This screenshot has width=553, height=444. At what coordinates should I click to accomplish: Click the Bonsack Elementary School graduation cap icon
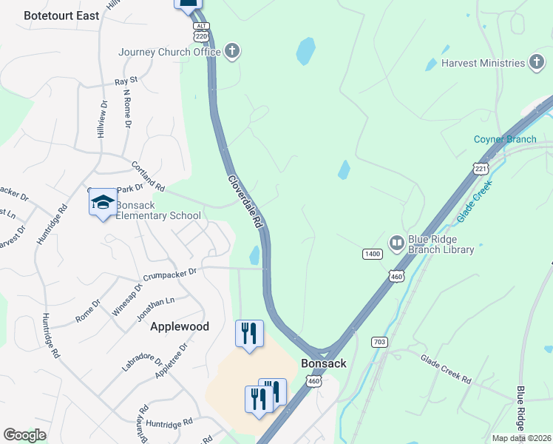(x=103, y=203)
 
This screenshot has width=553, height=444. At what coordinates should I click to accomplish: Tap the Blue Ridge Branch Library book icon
(x=397, y=243)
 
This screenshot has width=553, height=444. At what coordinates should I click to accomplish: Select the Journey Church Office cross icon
(x=232, y=52)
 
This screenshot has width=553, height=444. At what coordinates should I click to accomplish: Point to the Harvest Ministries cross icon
(x=537, y=63)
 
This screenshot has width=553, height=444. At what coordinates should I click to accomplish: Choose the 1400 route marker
(x=372, y=254)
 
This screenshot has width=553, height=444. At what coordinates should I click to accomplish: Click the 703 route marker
(x=381, y=342)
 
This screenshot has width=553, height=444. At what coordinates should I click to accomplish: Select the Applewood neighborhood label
(x=180, y=326)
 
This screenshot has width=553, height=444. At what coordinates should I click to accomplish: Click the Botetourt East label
(x=61, y=15)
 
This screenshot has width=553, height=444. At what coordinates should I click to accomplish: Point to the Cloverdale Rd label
(x=245, y=201)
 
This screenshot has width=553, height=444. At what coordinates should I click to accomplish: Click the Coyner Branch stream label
(x=505, y=140)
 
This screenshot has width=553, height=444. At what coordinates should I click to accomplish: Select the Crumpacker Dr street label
(x=171, y=272)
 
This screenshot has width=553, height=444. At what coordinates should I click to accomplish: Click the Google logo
(x=24, y=435)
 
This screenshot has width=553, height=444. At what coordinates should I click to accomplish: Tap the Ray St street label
(x=126, y=79)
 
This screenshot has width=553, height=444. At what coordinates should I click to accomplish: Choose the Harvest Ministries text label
(x=483, y=63)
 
